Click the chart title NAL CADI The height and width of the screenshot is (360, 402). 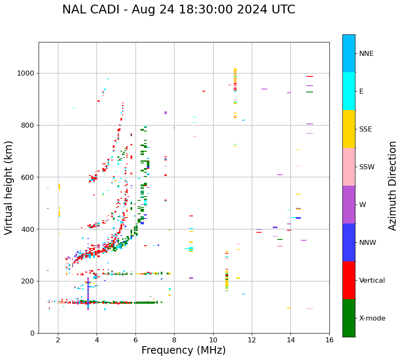tap(178, 10)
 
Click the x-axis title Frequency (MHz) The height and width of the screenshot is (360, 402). tap(183, 350)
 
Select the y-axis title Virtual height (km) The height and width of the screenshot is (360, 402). tap(9, 187)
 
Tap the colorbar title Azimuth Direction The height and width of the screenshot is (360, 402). tap(392, 185)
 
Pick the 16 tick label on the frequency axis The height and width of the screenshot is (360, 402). tap(329, 340)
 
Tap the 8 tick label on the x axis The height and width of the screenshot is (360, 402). tap(174, 340)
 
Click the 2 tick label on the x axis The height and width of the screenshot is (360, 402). tap(58, 340)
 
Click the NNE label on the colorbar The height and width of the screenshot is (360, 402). tap(366, 54)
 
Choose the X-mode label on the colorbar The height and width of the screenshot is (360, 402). tap(372, 318)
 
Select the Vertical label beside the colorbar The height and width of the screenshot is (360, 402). tap(372, 281)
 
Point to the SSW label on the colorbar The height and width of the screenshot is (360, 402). tap(367, 167)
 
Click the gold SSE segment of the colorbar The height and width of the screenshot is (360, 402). tap(349, 129)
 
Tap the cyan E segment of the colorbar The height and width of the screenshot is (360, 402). tap(349, 91)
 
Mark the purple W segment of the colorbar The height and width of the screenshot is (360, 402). tap(349, 205)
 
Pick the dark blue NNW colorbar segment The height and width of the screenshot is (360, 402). tap(349, 242)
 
